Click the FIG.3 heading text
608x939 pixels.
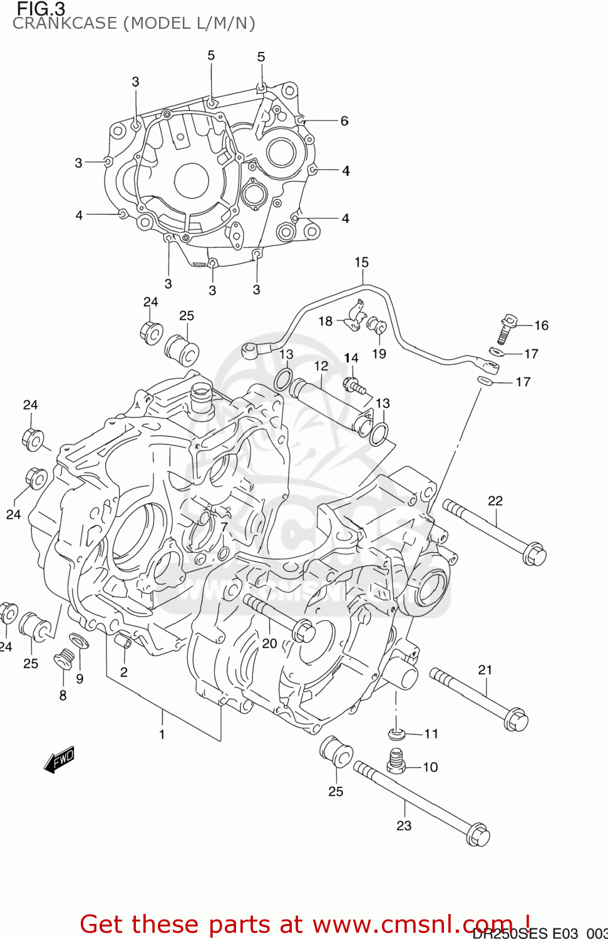click(x=41, y=9)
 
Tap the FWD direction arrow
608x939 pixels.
click(x=60, y=759)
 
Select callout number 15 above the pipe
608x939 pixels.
click(x=361, y=262)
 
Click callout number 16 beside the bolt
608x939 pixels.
click(x=541, y=325)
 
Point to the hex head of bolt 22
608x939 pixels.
click(x=534, y=554)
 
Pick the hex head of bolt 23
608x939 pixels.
click(x=478, y=835)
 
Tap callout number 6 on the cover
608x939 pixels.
click(x=344, y=121)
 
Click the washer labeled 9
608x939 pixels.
click(x=79, y=641)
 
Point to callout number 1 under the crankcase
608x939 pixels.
click(x=162, y=734)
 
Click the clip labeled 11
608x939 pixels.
click(x=397, y=733)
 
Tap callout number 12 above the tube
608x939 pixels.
click(x=321, y=366)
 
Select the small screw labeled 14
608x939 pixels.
click(x=354, y=385)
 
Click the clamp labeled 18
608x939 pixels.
click(x=355, y=316)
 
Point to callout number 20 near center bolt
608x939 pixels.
click(x=269, y=643)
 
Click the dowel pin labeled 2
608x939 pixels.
click(x=123, y=642)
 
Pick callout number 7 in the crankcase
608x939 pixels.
click(x=224, y=527)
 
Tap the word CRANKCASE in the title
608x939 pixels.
click(x=64, y=24)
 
